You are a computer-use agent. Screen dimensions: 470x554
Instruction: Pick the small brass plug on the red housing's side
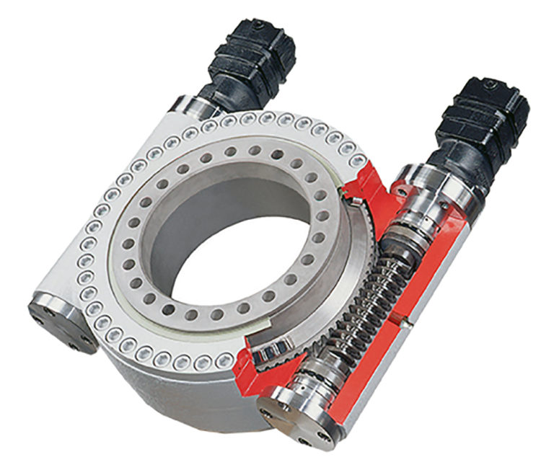pos(408,316)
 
